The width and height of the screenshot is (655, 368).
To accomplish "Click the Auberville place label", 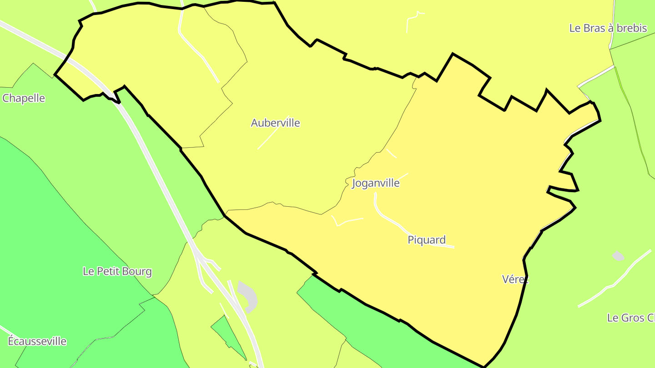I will click(x=275, y=123).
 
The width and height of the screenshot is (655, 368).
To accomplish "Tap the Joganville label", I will click(x=376, y=183).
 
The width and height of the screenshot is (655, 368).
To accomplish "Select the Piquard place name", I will click(x=426, y=240).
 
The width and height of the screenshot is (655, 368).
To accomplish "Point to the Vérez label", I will click(x=515, y=279).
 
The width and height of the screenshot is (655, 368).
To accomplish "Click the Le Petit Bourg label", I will click(x=117, y=271).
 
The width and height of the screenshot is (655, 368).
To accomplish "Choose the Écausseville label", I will click(x=37, y=341).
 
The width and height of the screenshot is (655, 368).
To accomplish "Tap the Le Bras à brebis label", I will click(x=608, y=28).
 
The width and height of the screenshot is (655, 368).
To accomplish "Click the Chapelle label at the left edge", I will click(x=24, y=98).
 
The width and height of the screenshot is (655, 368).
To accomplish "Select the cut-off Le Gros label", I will click(x=630, y=318).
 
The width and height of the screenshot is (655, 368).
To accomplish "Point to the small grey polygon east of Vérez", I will click(x=618, y=256).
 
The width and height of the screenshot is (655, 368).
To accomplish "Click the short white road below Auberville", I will click(x=267, y=139).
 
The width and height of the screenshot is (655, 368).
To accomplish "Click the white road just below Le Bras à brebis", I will click(x=596, y=75).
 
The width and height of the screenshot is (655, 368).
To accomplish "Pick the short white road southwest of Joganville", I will click(x=348, y=221).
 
